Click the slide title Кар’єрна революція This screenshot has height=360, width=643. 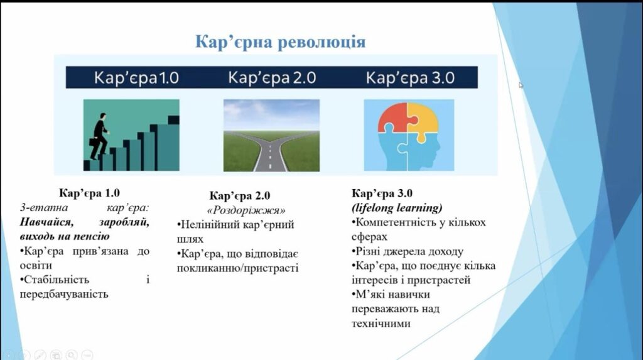pos(280,42)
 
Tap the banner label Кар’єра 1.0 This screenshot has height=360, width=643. pos(136,77)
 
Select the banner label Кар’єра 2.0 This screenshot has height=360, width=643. pos(272,77)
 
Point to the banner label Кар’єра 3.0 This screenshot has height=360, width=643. pos(410,77)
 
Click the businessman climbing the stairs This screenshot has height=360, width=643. pos(99,136)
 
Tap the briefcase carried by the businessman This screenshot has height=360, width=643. pos(94,141)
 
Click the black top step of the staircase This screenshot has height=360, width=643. pos(173,120)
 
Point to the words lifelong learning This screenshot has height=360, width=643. pos(397,208)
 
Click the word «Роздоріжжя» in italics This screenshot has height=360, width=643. pos(246,210)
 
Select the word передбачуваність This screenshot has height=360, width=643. pos(64,294)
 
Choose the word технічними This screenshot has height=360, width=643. pos(381,324)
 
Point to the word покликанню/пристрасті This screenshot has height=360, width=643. pos(238,268)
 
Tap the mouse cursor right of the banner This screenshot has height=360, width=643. pos(521,85)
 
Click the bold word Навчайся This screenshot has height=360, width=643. pos(46,222)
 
